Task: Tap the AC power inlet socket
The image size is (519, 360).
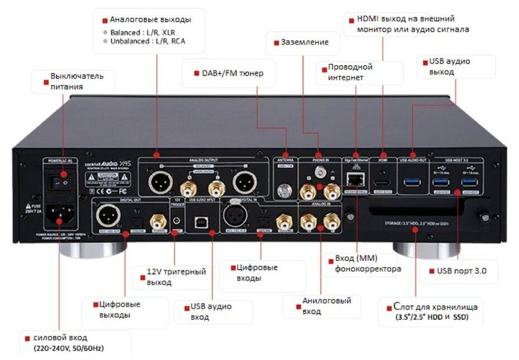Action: tap(62, 212)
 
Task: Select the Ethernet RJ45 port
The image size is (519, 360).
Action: tap(353, 179)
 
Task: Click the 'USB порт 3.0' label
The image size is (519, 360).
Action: tap(458, 271)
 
